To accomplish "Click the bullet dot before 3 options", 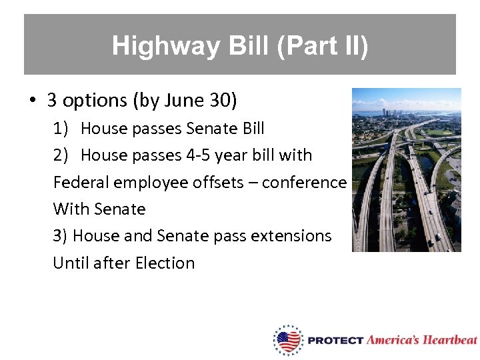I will click(x=32, y=101).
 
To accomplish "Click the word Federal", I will click(x=79, y=183).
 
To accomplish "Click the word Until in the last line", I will click(x=71, y=263).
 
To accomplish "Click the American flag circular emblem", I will click(x=288, y=340).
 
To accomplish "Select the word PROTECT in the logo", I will click(x=335, y=341).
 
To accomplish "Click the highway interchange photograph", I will click(x=406, y=170).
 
